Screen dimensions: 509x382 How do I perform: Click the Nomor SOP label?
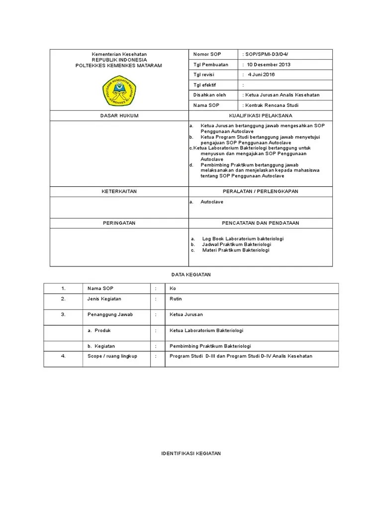pos(207,54)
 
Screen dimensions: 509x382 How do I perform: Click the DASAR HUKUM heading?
pos(119,115)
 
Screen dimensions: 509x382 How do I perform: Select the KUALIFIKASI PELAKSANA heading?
pos(261,115)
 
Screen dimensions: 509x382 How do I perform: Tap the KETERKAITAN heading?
pos(119,191)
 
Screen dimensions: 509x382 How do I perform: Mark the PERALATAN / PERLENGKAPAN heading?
pos(261,191)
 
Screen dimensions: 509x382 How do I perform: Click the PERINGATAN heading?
pos(119,223)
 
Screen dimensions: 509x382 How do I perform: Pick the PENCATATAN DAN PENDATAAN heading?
pos(261,223)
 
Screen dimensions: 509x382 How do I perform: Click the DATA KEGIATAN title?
pos(191,275)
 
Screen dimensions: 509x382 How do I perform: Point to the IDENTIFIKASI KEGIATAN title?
pos(191,453)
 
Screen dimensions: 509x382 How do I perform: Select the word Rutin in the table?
pos(176,299)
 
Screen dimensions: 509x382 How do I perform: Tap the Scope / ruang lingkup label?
pos(112,356)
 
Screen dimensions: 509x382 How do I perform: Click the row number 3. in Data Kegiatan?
pos(63,315)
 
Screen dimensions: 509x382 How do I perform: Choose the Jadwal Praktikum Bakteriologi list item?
pos(236,245)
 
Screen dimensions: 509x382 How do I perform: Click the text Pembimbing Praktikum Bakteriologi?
pos(210,345)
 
